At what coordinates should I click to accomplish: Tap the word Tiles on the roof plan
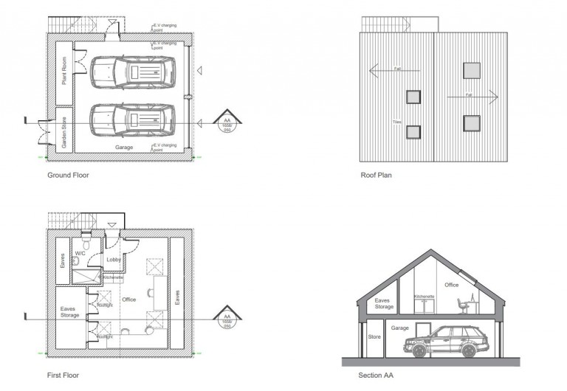point(396,122)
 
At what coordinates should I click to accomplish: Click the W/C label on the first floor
point(81,253)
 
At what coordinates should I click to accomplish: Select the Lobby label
point(114,260)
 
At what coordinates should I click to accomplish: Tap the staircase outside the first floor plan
point(72,219)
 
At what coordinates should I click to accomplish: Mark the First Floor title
point(63,375)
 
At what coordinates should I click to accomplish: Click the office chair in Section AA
point(461,304)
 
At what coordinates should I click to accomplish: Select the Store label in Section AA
point(374,337)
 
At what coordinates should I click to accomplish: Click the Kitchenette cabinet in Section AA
point(425,305)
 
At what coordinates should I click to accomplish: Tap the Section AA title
point(376,375)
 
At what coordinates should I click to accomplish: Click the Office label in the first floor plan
point(129,300)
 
